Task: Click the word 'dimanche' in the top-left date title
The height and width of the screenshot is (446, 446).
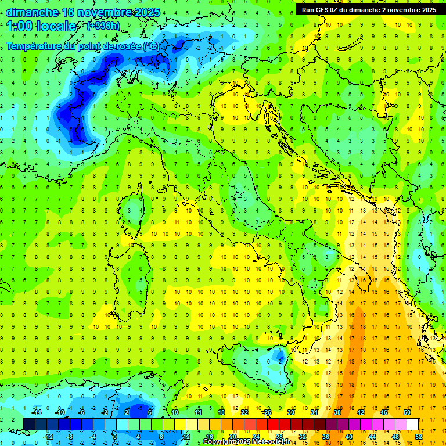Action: (31, 12)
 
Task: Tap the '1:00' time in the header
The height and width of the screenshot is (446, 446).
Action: (19, 26)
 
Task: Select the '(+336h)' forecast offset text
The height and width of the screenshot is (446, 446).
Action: (104, 26)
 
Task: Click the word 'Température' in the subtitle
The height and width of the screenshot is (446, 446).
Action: (37, 45)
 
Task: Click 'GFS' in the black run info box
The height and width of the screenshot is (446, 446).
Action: (324, 10)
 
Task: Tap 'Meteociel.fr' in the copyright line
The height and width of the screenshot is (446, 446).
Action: (271, 442)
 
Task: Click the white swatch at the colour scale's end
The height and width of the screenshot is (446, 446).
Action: (412, 424)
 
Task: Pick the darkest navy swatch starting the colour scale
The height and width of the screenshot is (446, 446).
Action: (29, 424)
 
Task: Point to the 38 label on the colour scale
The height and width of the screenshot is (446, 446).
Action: (337, 412)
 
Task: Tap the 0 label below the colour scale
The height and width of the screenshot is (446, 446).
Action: (115, 436)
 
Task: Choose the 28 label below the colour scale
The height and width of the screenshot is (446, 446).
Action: (279, 436)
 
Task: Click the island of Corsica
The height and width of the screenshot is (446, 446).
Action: (135, 206)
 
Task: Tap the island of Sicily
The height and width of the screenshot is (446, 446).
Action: (256, 363)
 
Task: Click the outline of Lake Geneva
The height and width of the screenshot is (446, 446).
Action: (67, 64)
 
